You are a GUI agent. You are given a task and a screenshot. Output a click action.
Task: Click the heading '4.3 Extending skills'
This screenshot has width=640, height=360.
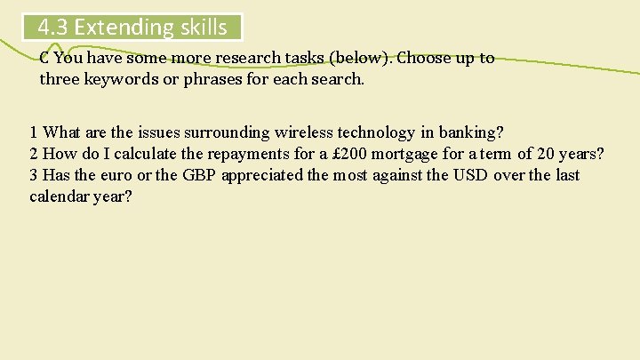click(x=132, y=27)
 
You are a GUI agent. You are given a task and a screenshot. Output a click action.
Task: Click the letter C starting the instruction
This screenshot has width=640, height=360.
click(x=44, y=59)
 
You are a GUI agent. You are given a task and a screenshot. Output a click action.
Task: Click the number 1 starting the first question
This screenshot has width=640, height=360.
click(x=34, y=133)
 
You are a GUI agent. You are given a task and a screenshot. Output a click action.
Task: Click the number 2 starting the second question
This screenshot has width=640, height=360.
click(x=34, y=155)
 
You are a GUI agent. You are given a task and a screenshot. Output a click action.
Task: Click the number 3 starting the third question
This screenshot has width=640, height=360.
click(x=34, y=175)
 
